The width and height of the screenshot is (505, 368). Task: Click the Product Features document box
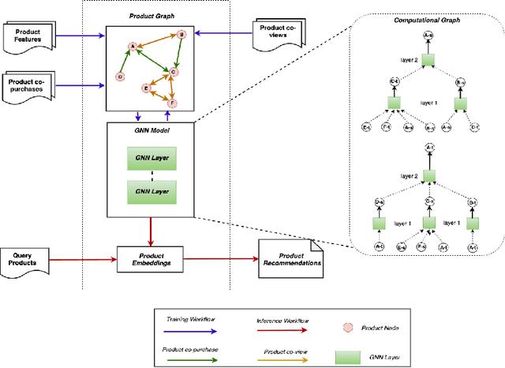[28, 36]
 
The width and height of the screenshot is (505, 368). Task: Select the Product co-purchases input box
[28, 84]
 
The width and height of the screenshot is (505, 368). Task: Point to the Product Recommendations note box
[290, 258]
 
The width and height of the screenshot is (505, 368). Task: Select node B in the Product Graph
[181, 35]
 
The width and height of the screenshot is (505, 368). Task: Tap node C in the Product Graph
[173, 72]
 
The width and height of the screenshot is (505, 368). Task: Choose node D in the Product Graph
[120, 77]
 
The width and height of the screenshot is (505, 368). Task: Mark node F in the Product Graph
[174, 103]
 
